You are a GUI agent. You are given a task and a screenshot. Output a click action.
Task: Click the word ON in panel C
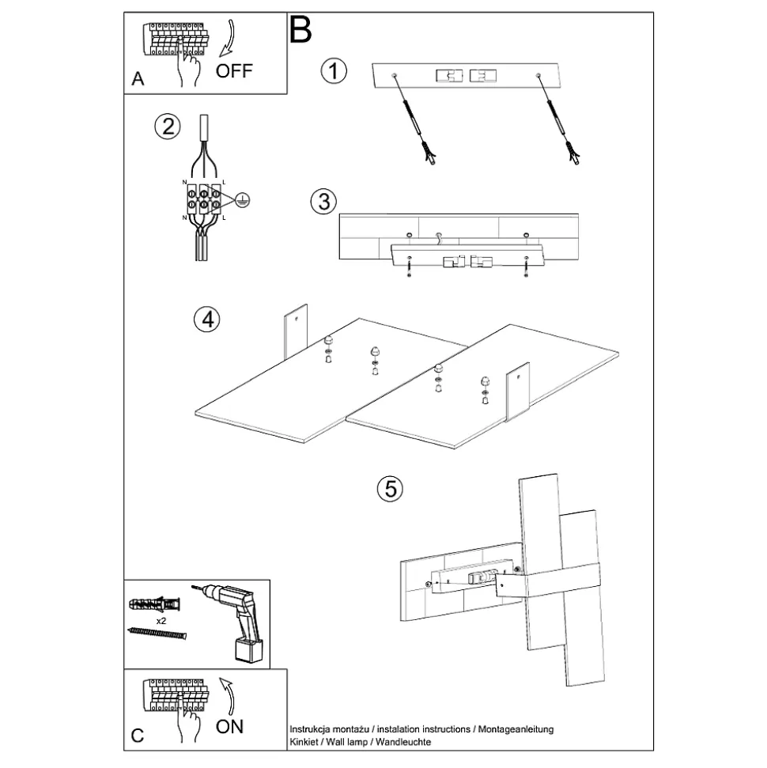229,725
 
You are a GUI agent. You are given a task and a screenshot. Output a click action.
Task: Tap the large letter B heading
301,30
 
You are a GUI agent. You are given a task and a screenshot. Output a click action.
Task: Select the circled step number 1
334,71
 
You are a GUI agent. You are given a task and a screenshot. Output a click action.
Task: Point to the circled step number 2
167,127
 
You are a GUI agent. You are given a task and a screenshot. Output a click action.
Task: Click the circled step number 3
322,202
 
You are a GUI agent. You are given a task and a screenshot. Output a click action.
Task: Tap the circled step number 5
389,489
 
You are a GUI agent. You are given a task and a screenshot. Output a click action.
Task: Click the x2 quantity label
161,622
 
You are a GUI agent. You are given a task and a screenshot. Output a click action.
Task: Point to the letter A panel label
138,80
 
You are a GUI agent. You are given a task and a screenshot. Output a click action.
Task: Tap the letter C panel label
138,736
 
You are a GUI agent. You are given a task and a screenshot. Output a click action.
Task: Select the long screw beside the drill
158,634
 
